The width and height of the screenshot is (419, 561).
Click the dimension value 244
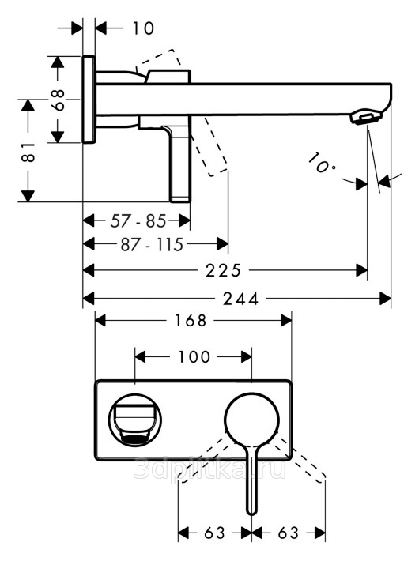[x=240, y=299]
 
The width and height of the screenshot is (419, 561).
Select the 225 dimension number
[x=223, y=270]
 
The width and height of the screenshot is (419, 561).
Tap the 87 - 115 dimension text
[x=153, y=245]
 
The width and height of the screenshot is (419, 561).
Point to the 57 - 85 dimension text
[x=138, y=221]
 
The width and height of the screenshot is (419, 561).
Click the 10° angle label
[x=321, y=163]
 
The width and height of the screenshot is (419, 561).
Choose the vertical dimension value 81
[x=28, y=152]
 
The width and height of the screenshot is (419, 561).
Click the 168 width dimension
[x=191, y=321]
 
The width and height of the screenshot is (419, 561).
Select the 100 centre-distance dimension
[x=194, y=356]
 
